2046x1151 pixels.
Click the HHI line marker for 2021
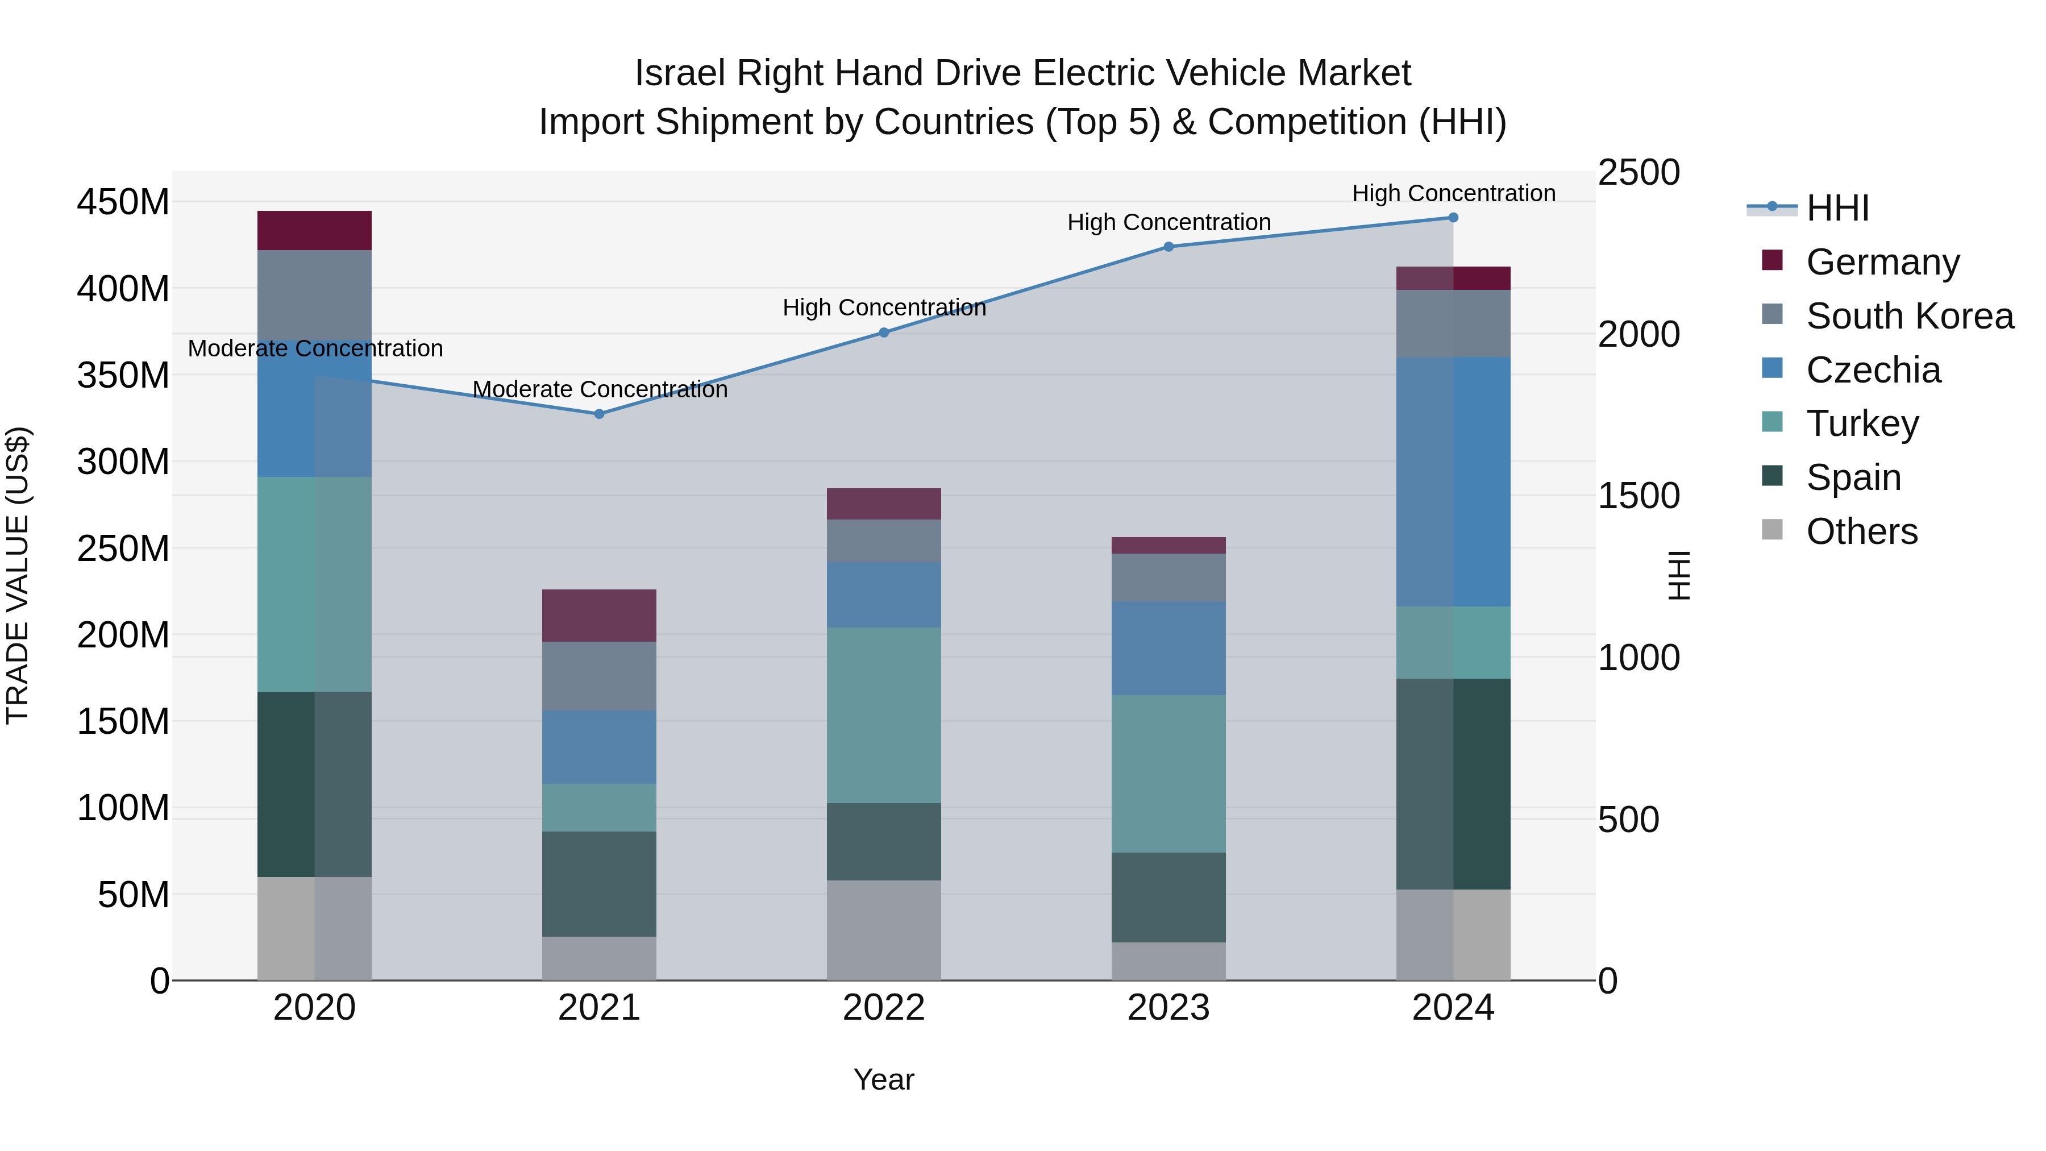pos(599,414)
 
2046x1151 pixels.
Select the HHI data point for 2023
pos(1168,247)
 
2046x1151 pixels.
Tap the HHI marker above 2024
pos(1453,218)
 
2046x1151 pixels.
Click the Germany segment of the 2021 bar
pos(599,616)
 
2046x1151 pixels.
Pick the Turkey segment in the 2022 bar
pos(883,715)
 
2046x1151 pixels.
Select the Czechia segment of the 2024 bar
pos(1453,481)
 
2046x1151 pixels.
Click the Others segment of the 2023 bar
pos(1168,961)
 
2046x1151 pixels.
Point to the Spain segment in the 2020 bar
pos(314,784)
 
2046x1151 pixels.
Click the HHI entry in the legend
pos(1836,208)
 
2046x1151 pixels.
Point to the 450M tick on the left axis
pos(123,202)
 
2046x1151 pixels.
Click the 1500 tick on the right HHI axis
pos(1639,496)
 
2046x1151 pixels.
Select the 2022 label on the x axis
pos(883,1008)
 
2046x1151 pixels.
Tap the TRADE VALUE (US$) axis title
pos(18,575)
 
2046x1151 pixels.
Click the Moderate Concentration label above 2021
pos(600,389)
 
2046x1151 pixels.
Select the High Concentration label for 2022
pos(884,308)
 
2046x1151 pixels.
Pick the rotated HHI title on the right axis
pos(1678,575)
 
